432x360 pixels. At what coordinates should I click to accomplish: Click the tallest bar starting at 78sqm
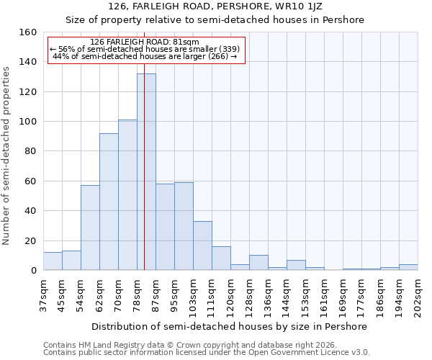pyautogui.click(x=146, y=172)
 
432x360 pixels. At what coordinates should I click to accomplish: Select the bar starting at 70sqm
pyautogui.click(x=127, y=195)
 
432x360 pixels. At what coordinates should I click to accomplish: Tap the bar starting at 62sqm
pyautogui.click(x=109, y=202)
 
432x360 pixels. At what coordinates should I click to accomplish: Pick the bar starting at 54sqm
pyautogui.click(x=90, y=228)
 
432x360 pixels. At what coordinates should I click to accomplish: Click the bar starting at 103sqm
pyautogui.click(x=202, y=246)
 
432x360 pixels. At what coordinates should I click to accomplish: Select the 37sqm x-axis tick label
pyautogui.click(x=43, y=295)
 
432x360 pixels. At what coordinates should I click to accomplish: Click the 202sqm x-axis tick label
pyautogui.click(x=418, y=295)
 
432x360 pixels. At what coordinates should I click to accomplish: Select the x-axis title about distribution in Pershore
pyautogui.click(x=230, y=326)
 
